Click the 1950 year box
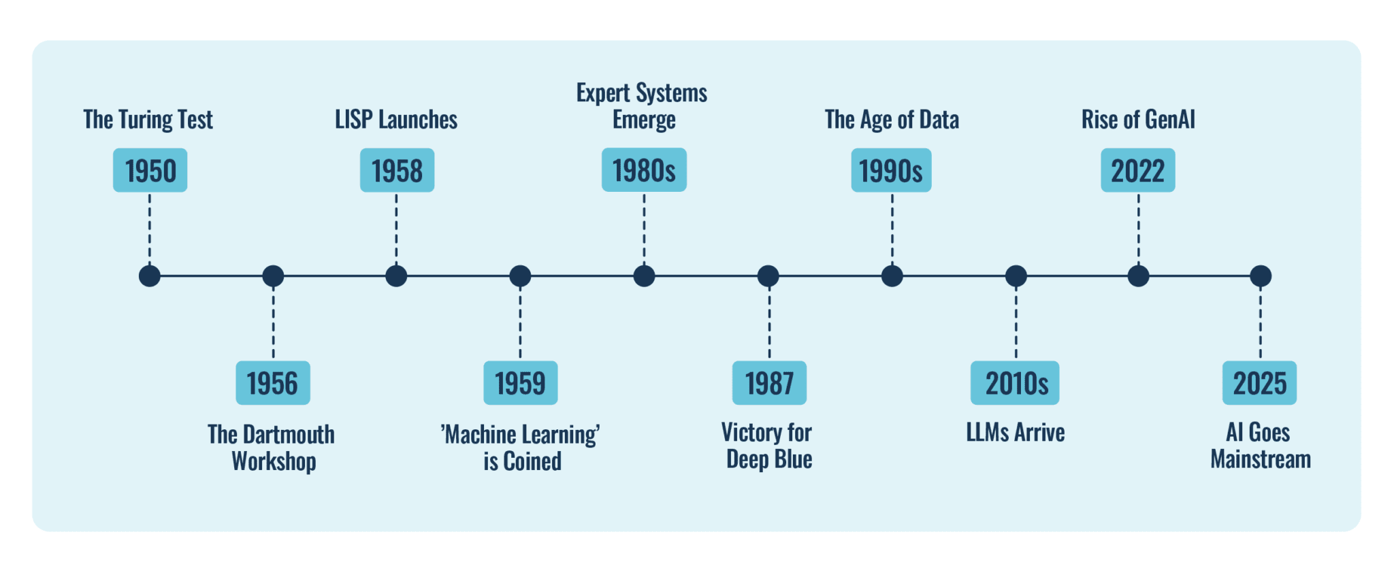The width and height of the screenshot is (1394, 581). [x=150, y=170]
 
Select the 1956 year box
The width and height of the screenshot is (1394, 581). [x=272, y=383]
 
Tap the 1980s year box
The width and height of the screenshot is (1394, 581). [x=644, y=170]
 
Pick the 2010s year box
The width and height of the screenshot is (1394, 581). [x=1015, y=383]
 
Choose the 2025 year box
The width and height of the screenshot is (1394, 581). [x=1259, y=383]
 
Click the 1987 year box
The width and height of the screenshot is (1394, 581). [x=769, y=383]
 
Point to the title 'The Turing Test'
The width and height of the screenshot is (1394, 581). [x=148, y=120]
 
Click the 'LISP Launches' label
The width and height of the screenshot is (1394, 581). [x=396, y=120]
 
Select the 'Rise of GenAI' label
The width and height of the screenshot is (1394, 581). [x=1138, y=120]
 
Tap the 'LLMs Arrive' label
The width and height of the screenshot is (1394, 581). [x=1016, y=433]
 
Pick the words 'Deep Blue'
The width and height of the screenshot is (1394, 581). [x=769, y=460]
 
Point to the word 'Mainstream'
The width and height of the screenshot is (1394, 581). [x=1261, y=460]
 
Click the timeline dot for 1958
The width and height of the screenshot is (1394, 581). [x=396, y=276]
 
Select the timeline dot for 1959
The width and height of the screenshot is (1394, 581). [x=520, y=276]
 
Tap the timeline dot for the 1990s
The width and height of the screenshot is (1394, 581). [x=892, y=276]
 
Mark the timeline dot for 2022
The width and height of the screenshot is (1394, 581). [x=1138, y=276]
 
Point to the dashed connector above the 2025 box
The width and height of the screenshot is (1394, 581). [x=1260, y=323]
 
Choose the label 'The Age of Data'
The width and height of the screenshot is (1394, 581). [x=892, y=120]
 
